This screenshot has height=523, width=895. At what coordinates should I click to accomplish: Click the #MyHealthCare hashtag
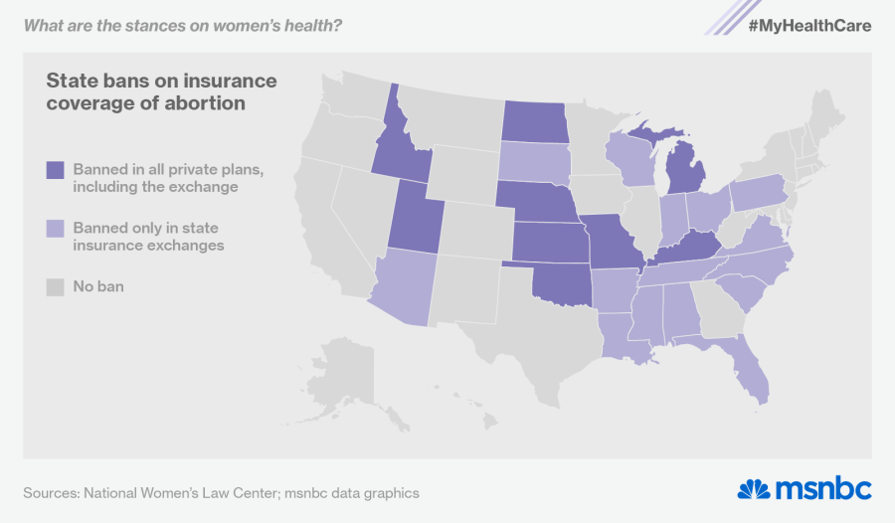pos(809,25)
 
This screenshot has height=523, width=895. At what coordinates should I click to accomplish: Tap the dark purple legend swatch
pos(55,170)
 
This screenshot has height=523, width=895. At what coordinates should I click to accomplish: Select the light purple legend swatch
pos(55,228)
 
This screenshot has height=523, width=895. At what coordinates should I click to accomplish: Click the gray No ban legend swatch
pos(55,287)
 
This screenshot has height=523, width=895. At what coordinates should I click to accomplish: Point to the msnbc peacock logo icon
pos(754,489)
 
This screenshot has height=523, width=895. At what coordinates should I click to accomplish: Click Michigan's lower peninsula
pos(684,174)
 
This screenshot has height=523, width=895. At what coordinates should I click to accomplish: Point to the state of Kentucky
pos(686,247)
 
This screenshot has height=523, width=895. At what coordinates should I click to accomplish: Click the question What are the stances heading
pos(183,25)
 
